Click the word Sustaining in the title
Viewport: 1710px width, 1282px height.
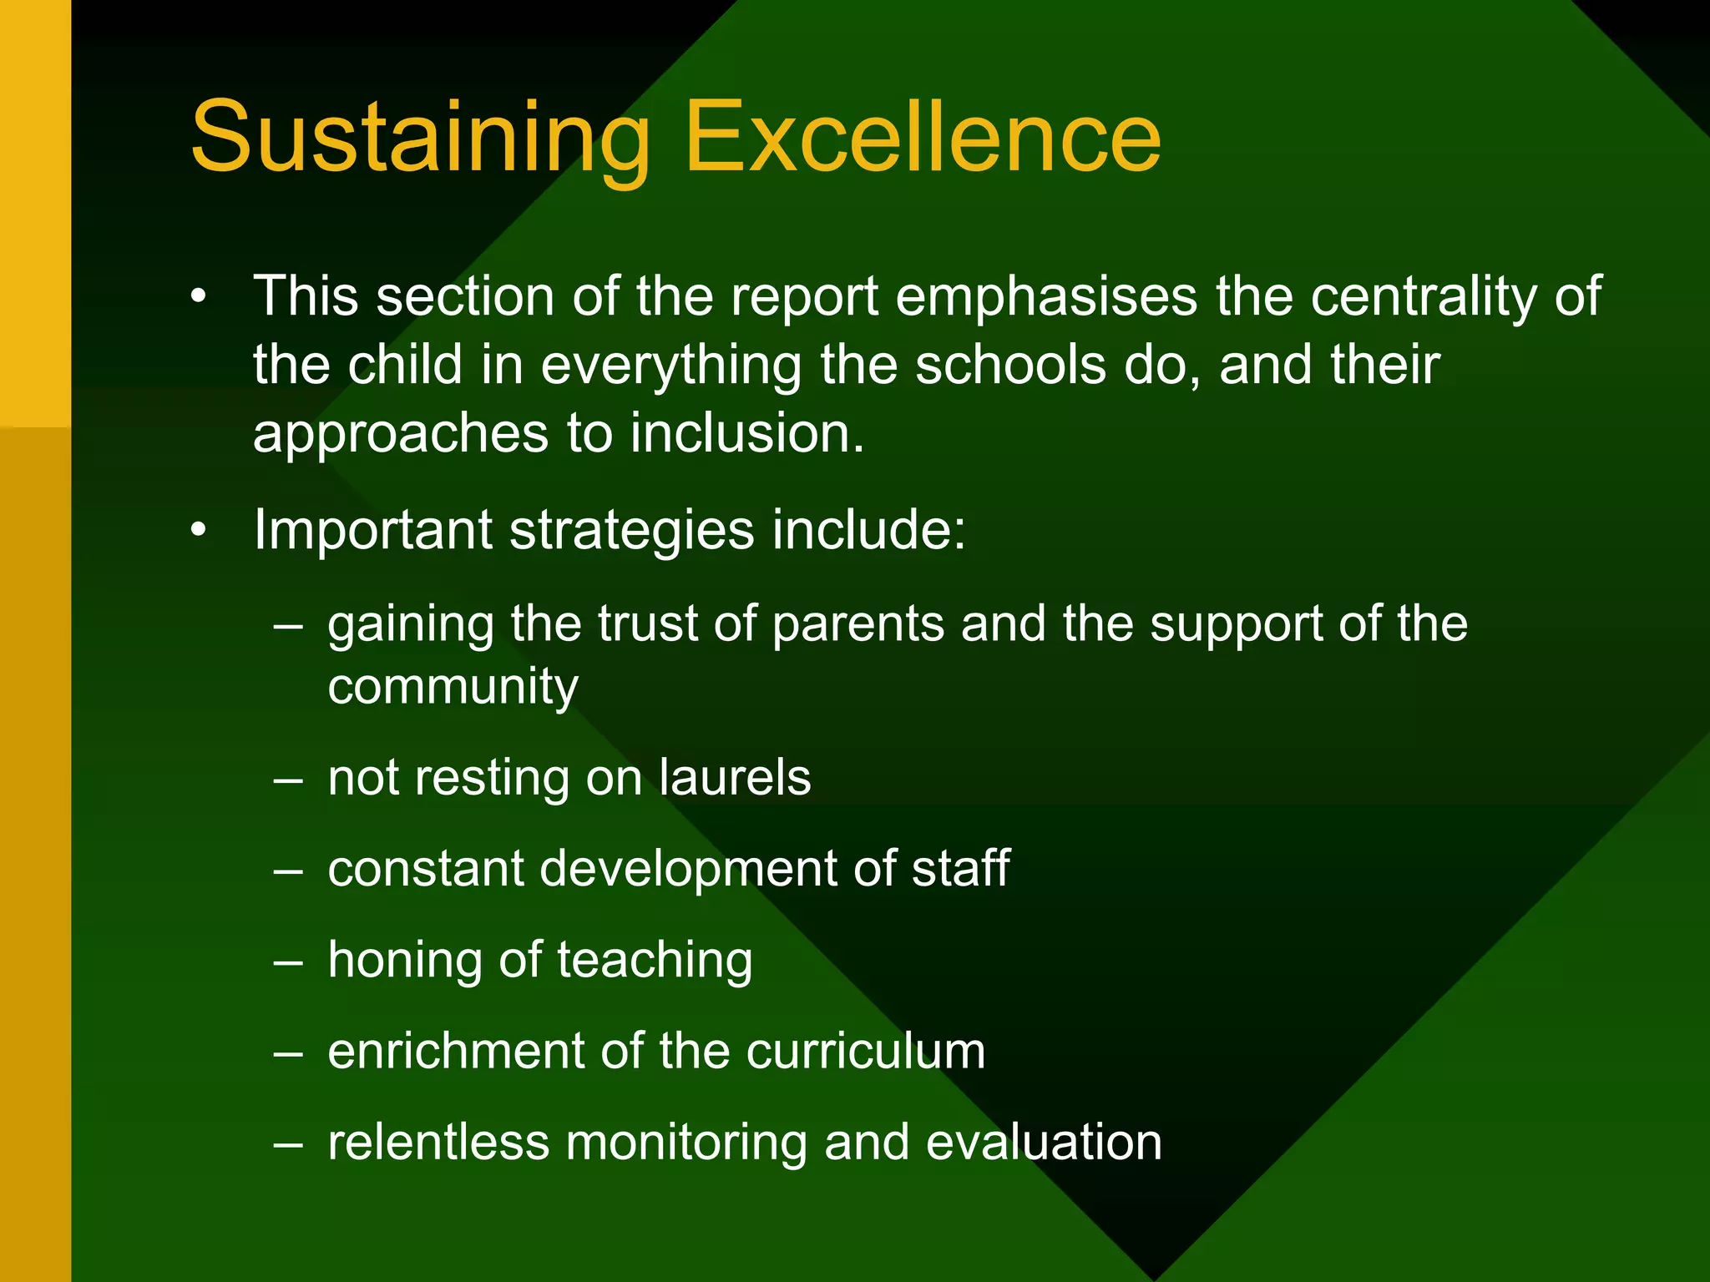(x=419, y=138)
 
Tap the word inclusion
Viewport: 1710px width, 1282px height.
(x=746, y=433)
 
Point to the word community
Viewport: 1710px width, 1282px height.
(x=453, y=687)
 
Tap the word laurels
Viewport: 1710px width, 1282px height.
(x=734, y=778)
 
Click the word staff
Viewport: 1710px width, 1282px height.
(x=960, y=869)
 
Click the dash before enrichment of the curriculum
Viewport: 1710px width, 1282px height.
(x=288, y=1052)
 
